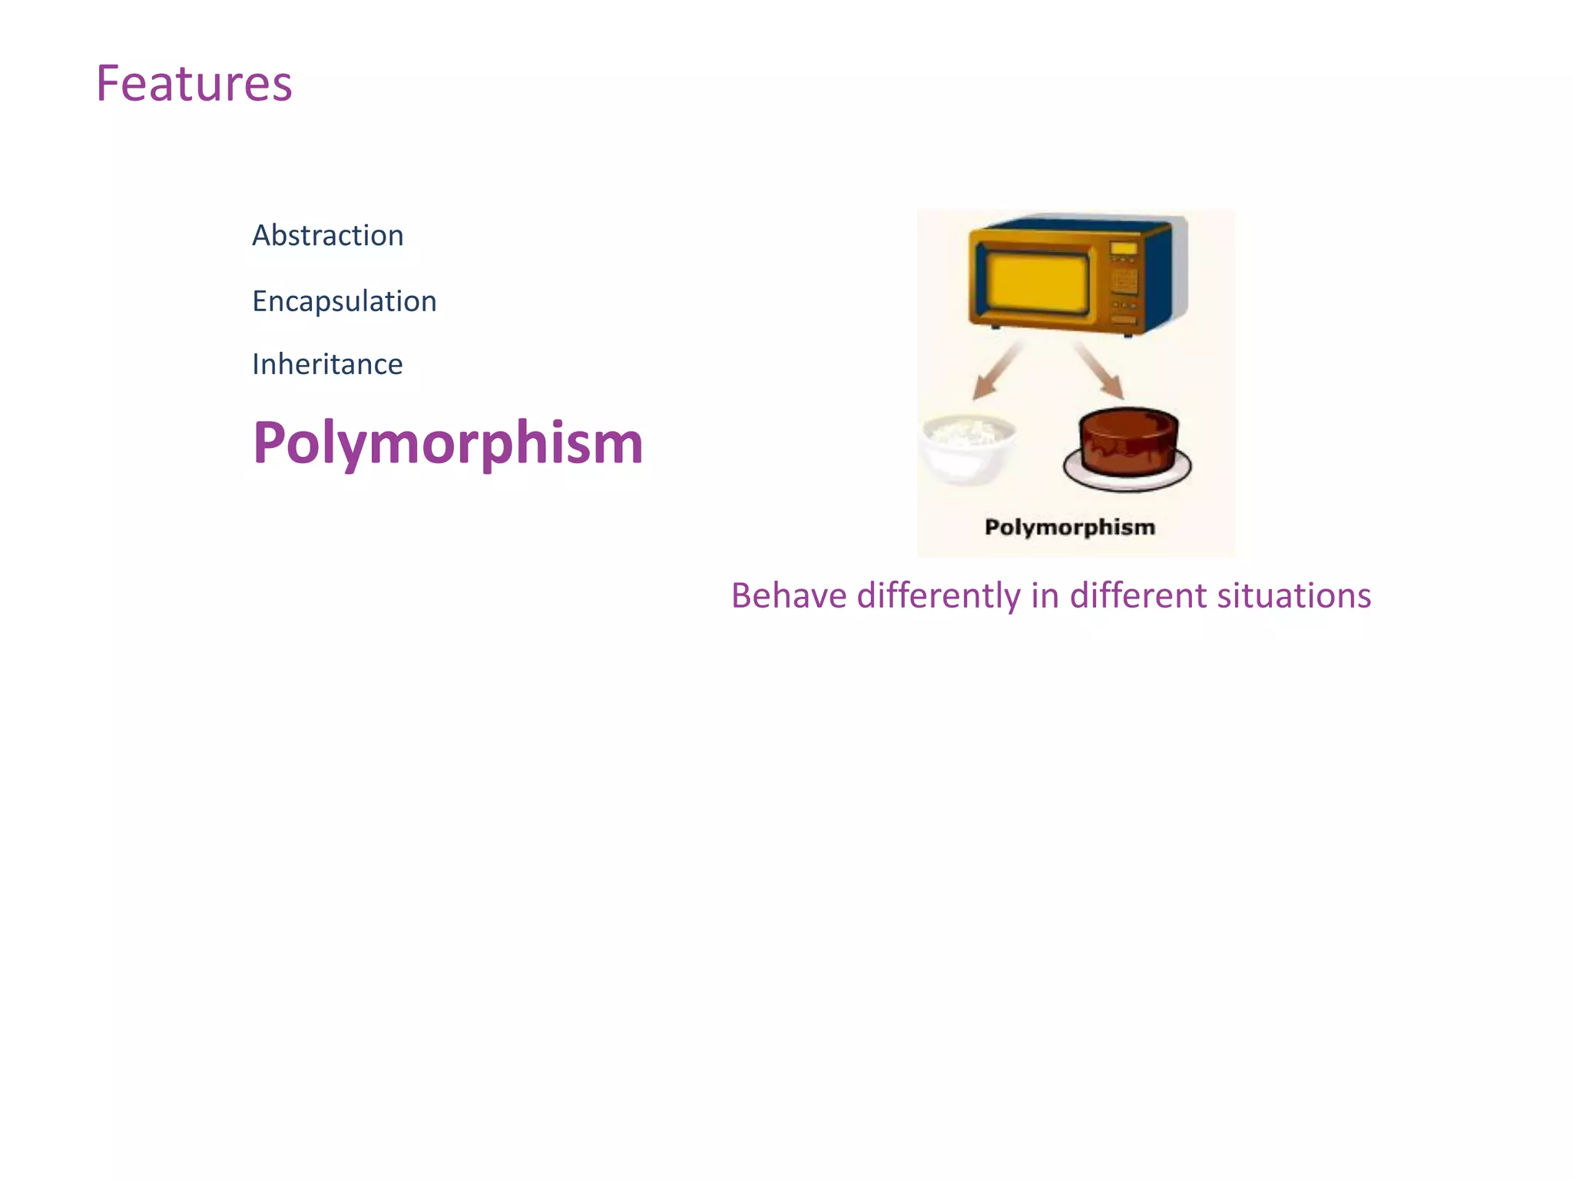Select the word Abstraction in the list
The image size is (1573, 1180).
(327, 235)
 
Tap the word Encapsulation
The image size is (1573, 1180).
(344, 301)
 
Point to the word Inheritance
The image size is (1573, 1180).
(327, 364)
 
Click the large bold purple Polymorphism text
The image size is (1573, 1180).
(448, 443)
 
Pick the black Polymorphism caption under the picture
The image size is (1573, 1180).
(1069, 527)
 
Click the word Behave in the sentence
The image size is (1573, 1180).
(788, 596)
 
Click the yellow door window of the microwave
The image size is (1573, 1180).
(1037, 282)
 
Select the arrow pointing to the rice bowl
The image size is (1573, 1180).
(995, 373)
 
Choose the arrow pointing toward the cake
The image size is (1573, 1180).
(1100, 370)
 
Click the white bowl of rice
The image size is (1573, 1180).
(968, 448)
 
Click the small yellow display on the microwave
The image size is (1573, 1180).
(1124, 248)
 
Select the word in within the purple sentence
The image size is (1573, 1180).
(1044, 596)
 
